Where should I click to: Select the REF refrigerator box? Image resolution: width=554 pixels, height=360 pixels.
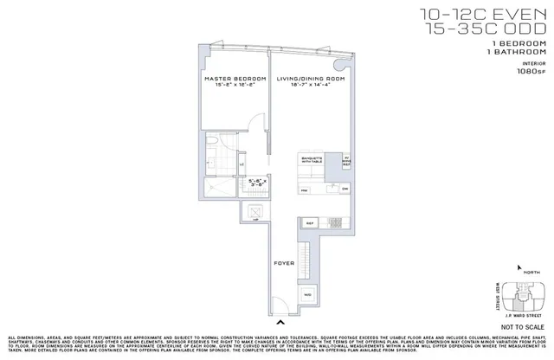310,222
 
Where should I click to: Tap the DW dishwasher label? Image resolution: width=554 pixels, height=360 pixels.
345,190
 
